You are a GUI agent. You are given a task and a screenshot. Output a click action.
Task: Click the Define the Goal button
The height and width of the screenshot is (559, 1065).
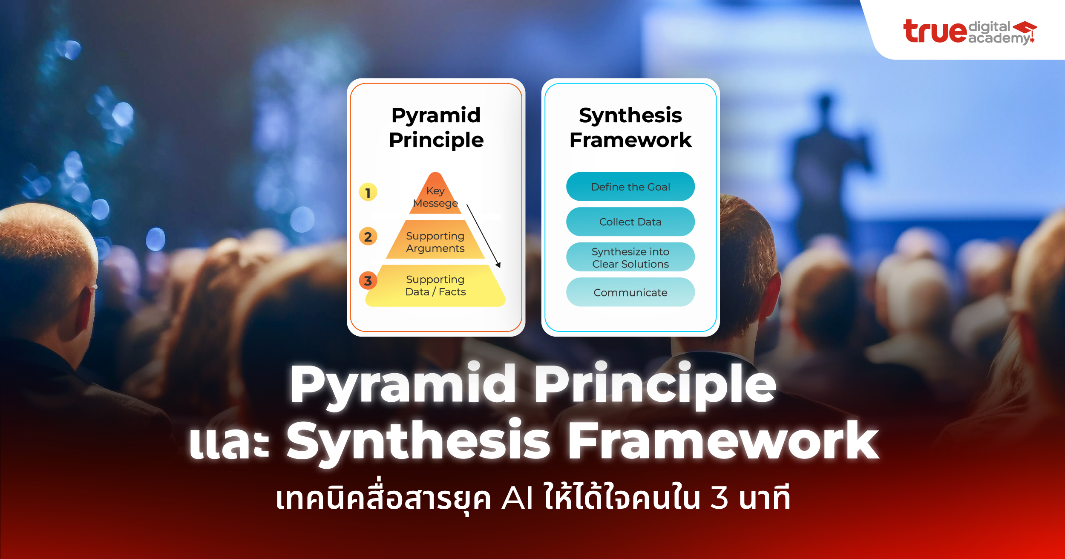point(630,187)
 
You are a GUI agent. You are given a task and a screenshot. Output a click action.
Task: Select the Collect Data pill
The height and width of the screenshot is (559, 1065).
point(630,222)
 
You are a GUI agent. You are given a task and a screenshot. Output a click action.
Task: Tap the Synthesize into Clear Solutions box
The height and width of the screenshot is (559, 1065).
point(630,257)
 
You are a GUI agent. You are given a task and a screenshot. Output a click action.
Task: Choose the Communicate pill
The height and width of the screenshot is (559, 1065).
point(630,292)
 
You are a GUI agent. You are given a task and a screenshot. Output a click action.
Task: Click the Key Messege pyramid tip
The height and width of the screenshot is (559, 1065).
point(435,196)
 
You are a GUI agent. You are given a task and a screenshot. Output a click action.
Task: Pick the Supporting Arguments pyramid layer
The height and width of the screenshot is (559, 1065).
point(435,242)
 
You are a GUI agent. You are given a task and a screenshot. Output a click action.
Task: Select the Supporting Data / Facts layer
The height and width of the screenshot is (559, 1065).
point(435,285)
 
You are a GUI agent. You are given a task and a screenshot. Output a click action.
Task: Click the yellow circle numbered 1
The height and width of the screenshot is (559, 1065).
point(368,193)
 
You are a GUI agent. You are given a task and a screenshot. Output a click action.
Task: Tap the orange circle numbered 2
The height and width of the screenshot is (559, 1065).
point(368,236)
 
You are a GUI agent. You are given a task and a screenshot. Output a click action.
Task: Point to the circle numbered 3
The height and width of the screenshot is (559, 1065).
point(368,281)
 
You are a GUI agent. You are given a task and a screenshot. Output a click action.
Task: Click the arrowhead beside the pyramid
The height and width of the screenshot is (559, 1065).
point(498,265)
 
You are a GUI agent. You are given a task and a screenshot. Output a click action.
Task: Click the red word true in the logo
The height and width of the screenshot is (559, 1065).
point(935,32)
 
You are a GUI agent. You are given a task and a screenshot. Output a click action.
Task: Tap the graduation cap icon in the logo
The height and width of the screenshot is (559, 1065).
point(1025,29)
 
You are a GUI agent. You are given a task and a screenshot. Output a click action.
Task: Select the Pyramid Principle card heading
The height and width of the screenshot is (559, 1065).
point(436,127)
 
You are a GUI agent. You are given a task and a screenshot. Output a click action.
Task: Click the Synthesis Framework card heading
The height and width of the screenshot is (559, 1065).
point(630,127)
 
